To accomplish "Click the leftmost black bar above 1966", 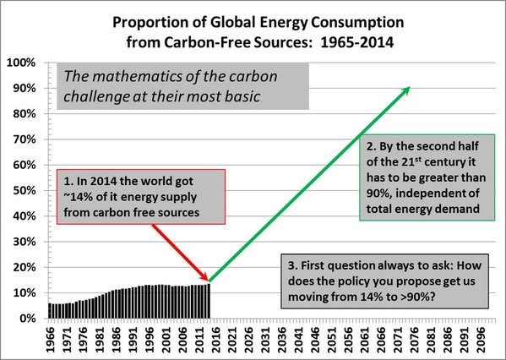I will pyautogui.click(x=50, y=311).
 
